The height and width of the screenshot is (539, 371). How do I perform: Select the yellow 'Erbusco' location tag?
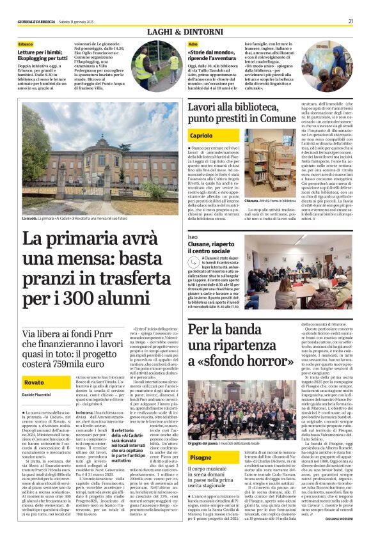point(26,43)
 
